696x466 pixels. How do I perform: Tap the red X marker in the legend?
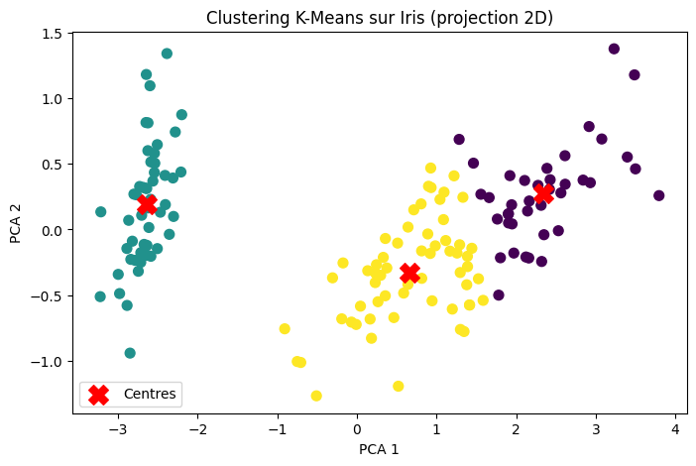tap(98, 394)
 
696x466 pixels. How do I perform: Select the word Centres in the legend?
tap(150, 394)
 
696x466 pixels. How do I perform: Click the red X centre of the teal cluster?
tap(147, 203)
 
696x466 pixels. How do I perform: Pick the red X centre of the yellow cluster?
tap(409, 273)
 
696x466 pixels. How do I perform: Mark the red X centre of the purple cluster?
tap(543, 193)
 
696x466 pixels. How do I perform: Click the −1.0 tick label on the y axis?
tap(48, 362)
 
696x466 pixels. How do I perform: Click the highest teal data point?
tap(167, 54)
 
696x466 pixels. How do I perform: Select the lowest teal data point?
tap(130, 353)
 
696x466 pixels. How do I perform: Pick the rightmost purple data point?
tap(658, 195)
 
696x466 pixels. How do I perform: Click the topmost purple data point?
tap(614, 49)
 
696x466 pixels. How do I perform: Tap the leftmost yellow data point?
tap(285, 328)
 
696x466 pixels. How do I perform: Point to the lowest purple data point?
tap(499, 294)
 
